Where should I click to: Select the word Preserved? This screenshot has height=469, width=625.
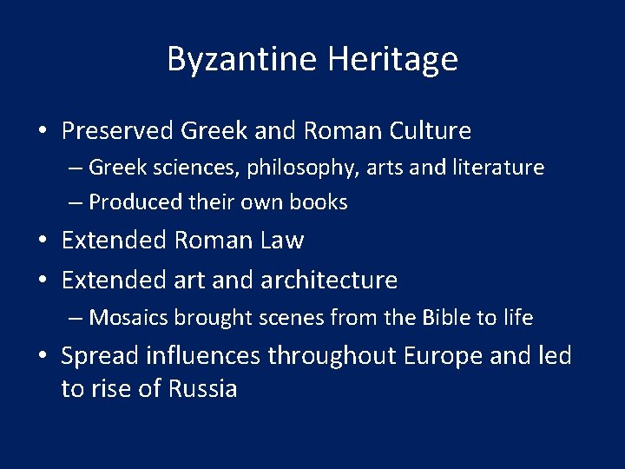pos(117,131)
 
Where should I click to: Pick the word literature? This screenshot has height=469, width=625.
pos(501,167)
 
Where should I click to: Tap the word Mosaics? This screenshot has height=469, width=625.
pos(128,318)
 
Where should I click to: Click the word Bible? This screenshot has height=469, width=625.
pos(445,318)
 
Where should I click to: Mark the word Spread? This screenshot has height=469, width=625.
pos(100,356)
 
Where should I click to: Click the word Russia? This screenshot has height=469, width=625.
pos(202,388)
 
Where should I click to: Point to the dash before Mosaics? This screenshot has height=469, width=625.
pos(76,319)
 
